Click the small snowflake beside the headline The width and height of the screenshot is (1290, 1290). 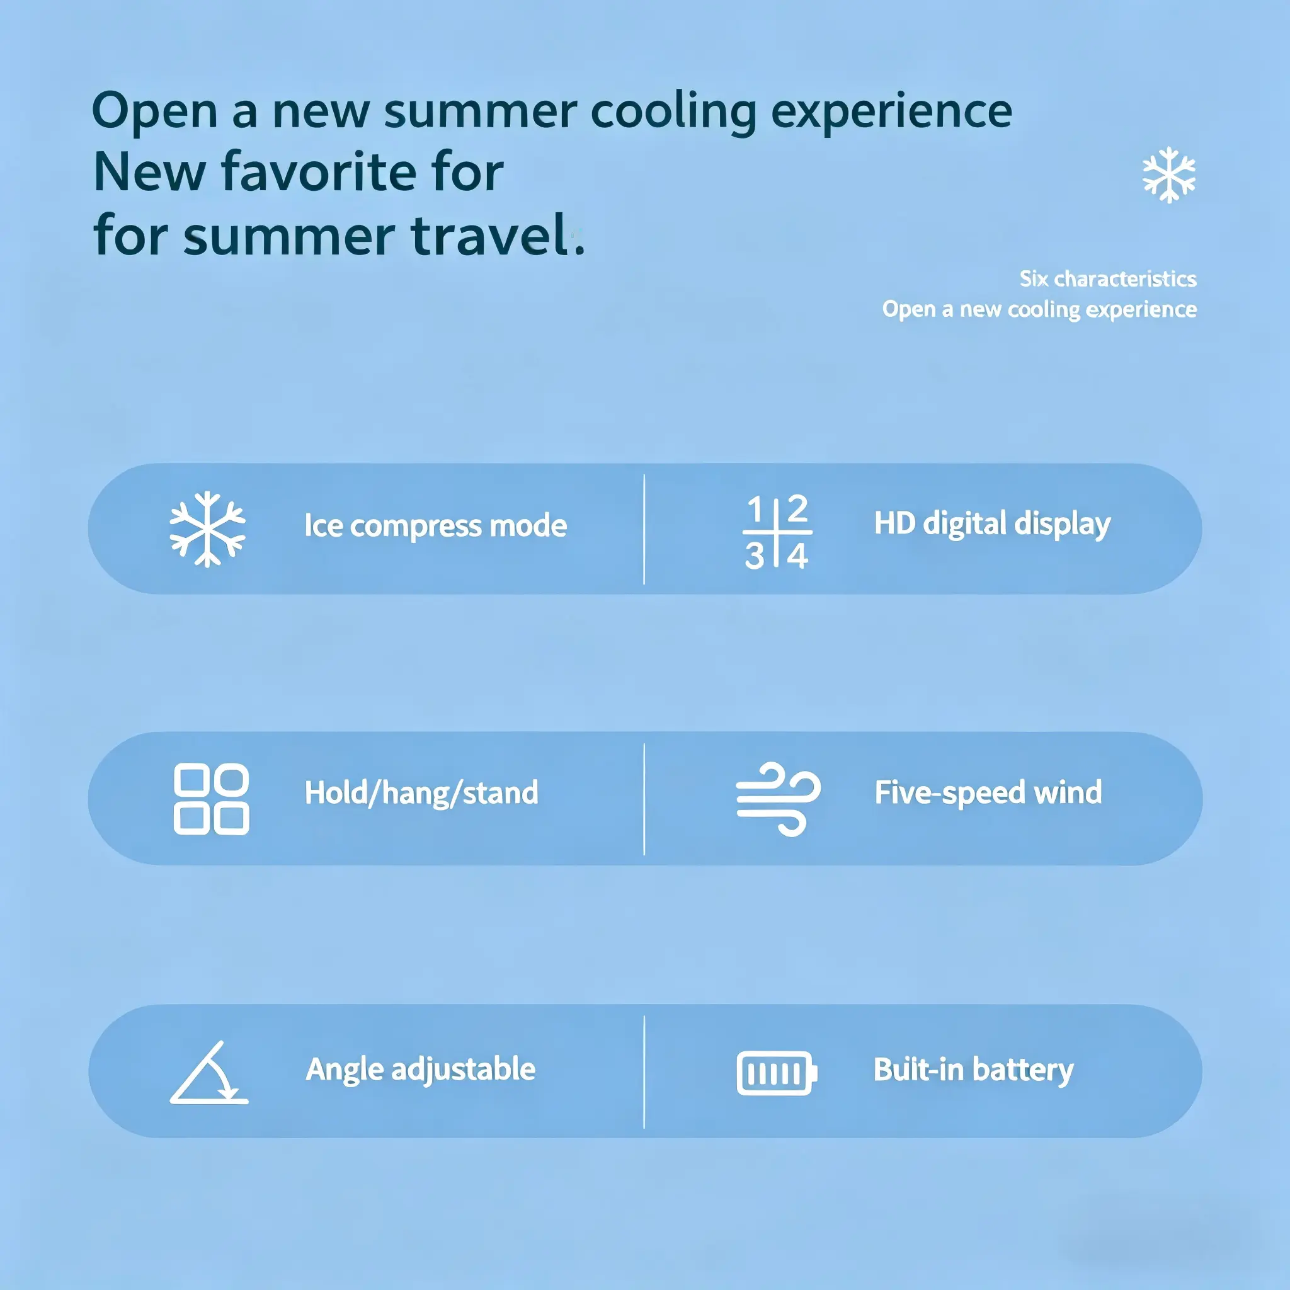coord(1169,176)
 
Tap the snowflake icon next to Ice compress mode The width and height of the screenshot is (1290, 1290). coord(208,530)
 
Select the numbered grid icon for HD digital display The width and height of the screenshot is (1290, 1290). coord(777,532)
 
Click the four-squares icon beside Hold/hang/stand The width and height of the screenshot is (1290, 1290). coord(211,799)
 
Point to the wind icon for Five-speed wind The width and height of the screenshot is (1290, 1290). coord(778,799)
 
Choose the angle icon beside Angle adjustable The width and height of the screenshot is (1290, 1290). coord(209,1072)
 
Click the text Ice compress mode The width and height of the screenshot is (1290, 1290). coord(435,526)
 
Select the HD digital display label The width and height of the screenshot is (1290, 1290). coord(992,524)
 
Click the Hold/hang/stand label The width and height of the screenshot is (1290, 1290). coord(421,793)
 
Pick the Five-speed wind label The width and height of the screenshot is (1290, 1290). coord(988,792)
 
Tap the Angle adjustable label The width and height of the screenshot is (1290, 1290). coord(421,1070)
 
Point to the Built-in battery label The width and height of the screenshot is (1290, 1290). coord(974,1070)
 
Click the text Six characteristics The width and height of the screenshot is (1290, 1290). coord(1108,278)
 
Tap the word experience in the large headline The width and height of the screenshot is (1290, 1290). coord(891,112)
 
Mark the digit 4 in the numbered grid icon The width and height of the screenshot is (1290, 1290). coord(797,556)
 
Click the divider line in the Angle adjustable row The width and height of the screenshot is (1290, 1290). coord(644,1072)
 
